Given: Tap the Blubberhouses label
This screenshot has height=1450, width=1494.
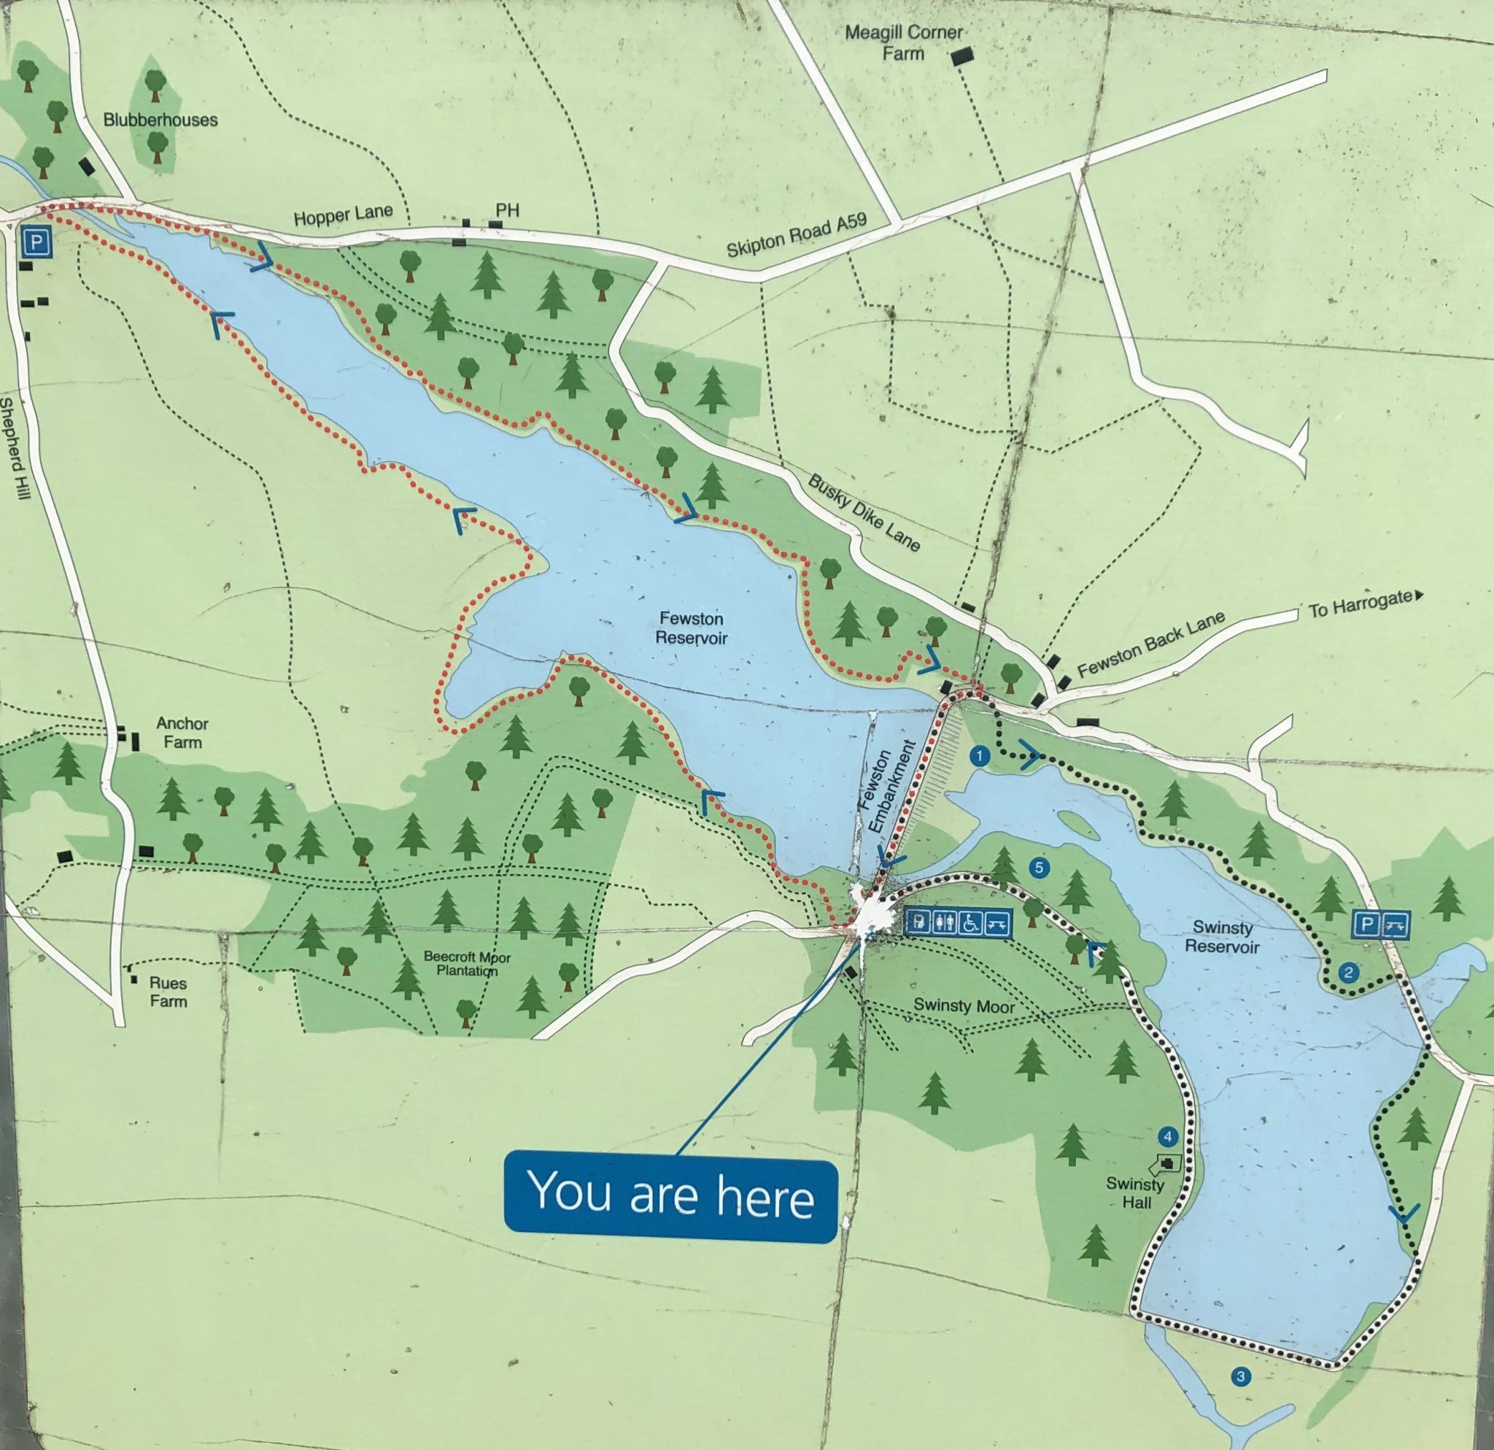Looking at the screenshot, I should (x=160, y=120).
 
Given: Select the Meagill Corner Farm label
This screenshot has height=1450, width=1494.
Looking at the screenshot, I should (x=904, y=43).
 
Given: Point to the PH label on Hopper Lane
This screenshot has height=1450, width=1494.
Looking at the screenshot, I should (x=507, y=209).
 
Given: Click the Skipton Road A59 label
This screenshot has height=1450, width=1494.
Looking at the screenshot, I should (x=796, y=235).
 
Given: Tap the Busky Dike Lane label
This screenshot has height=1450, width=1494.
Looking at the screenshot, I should (x=864, y=512).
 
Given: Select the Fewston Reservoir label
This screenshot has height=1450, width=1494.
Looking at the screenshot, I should (x=692, y=628).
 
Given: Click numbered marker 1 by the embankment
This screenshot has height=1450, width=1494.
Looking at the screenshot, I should (x=979, y=755).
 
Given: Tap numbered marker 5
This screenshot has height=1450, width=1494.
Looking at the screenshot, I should (x=1037, y=868).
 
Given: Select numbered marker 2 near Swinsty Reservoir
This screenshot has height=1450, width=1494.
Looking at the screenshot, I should (x=1348, y=972).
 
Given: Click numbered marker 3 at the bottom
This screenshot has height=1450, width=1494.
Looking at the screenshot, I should (x=1241, y=1376).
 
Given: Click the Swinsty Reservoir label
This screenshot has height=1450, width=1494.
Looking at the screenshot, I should (x=1223, y=937).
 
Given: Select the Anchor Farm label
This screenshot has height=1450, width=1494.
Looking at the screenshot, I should (x=182, y=732).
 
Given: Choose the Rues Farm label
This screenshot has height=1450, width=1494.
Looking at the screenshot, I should (x=168, y=992).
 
